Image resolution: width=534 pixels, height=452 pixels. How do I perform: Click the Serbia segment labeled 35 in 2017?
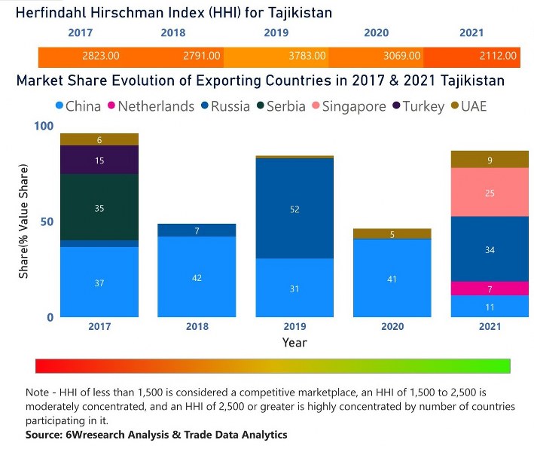pos(99,207)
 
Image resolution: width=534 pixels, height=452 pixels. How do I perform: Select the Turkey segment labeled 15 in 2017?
pos(99,160)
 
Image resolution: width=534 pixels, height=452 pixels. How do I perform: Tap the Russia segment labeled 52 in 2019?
pos(294,209)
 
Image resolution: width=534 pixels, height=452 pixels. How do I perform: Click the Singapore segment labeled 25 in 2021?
pos(490,192)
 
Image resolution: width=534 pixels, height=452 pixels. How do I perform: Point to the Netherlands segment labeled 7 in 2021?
pos(490,289)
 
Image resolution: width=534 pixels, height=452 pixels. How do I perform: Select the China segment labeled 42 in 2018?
pos(197,277)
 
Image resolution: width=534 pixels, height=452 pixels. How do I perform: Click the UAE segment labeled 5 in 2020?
pos(392,234)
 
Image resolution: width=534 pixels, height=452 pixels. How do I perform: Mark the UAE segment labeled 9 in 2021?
pos(490,159)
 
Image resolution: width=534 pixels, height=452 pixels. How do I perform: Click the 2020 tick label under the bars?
pos(392,327)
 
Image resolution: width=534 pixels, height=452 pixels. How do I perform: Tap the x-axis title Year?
pos(294,343)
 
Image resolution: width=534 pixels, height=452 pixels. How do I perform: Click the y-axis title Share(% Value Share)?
pos(24,222)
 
